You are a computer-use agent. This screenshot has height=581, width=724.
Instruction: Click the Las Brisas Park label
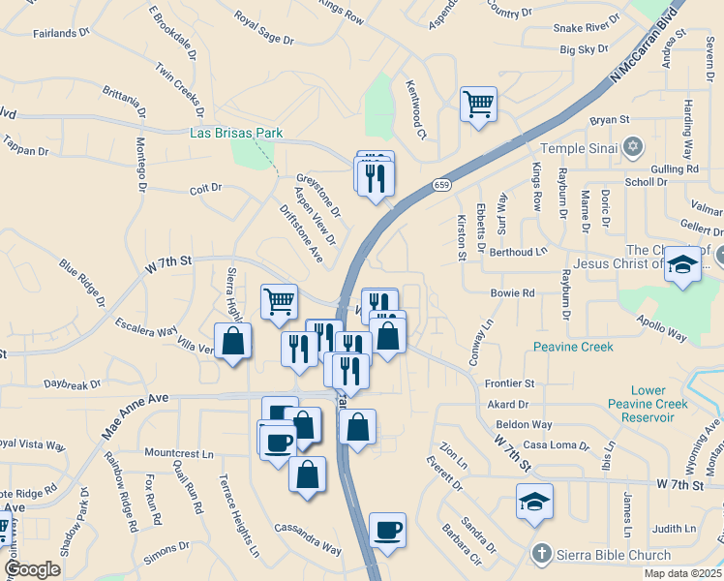click(x=236, y=134)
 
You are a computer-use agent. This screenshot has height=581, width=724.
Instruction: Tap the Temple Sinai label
click(x=576, y=148)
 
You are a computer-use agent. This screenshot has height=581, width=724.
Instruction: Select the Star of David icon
click(x=633, y=147)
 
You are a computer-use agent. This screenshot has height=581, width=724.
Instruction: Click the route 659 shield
click(x=440, y=184)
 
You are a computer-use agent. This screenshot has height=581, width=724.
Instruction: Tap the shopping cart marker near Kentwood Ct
click(x=479, y=103)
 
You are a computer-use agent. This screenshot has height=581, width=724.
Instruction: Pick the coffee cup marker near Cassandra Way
click(x=387, y=530)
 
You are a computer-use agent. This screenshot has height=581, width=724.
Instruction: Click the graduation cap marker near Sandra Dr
click(x=534, y=501)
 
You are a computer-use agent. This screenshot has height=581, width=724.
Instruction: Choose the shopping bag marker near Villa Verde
click(x=232, y=341)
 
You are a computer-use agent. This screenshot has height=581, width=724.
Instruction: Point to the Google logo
click(x=33, y=568)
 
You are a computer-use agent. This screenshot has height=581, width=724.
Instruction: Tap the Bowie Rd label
click(x=513, y=292)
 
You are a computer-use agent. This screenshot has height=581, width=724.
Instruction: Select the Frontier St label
click(x=510, y=383)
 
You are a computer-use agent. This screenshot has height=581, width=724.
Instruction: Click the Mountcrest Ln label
click(x=178, y=452)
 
